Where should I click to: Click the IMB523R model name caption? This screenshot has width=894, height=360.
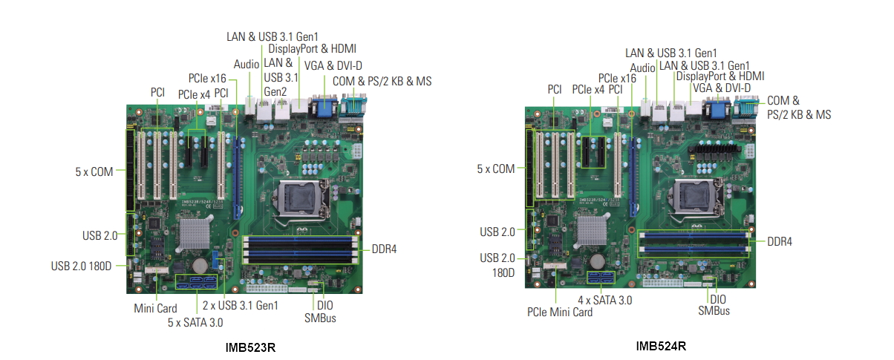tap(250, 347)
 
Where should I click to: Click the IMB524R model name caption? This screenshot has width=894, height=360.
tap(661, 346)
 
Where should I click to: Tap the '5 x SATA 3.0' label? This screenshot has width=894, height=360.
tap(195, 322)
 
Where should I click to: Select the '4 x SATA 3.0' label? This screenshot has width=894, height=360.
tap(605, 300)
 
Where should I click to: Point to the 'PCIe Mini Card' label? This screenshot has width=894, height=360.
tap(560, 312)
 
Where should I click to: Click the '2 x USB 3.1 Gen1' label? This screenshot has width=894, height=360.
tap(241, 305)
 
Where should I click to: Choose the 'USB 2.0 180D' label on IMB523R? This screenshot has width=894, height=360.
tap(81, 266)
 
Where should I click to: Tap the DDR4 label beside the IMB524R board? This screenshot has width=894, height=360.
tap(780, 241)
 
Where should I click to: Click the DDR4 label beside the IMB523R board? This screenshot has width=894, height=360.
tap(384, 249)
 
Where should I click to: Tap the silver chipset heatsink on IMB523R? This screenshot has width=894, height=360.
tap(194, 233)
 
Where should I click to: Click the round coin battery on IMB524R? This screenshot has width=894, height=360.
tap(598, 261)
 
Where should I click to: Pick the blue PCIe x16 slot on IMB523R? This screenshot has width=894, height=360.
tap(237, 177)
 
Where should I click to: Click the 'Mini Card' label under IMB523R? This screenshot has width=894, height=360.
tap(155, 309)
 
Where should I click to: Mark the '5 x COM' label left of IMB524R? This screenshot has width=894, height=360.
tap(496, 168)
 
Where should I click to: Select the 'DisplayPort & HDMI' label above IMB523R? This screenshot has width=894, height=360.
tap(312, 49)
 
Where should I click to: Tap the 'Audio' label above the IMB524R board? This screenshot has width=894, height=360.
tap(642, 68)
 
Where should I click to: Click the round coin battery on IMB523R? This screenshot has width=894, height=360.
tap(200, 264)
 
